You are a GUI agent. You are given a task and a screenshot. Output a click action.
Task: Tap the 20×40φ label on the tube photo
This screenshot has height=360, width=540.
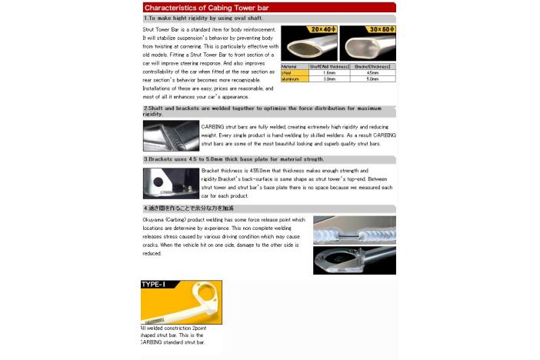(x=323, y=29)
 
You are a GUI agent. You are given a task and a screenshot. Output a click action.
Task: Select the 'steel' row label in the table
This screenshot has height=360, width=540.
(x=288, y=73)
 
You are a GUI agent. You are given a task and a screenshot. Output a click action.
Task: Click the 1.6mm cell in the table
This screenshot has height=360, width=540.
(x=328, y=73)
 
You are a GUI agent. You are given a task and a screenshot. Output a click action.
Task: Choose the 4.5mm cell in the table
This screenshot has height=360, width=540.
(x=372, y=73)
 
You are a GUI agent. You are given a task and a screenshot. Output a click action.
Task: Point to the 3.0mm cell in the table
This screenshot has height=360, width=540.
(x=328, y=78)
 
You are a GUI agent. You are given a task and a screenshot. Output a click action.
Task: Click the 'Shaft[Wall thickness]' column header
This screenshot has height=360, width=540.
(x=328, y=67)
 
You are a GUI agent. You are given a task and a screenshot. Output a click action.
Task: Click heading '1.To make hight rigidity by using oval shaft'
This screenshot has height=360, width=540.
(x=203, y=18)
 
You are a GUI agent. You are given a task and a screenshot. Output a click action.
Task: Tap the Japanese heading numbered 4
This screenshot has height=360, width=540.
(x=188, y=208)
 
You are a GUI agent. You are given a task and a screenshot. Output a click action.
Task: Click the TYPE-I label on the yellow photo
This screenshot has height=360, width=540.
(x=153, y=285)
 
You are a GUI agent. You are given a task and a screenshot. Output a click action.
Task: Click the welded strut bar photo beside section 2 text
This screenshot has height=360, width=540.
(x=171, y=135)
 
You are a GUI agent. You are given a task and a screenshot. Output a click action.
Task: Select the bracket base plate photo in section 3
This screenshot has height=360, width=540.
(x=171, y=183)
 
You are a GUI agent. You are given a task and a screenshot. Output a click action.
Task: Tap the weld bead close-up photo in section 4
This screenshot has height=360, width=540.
(x=354, y=229)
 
